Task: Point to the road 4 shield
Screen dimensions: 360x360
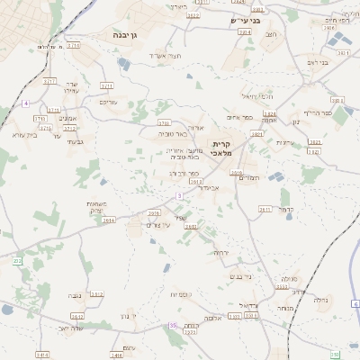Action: click(x=26, y=103)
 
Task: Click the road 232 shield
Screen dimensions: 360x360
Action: click(x=17, y=261)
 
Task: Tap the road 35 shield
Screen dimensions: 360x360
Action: click(x=173, y=325)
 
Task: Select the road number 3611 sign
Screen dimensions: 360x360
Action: click(x=265, y=209)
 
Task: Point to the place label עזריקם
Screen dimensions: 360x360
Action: click(x=107, y=102)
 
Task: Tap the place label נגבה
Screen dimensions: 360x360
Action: click(x=76, y=295)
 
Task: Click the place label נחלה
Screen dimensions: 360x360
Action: click(x=289, y=280)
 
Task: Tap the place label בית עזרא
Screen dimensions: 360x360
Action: click(x=19, y=134)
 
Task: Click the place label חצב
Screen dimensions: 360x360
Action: click(x=271, y=35)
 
